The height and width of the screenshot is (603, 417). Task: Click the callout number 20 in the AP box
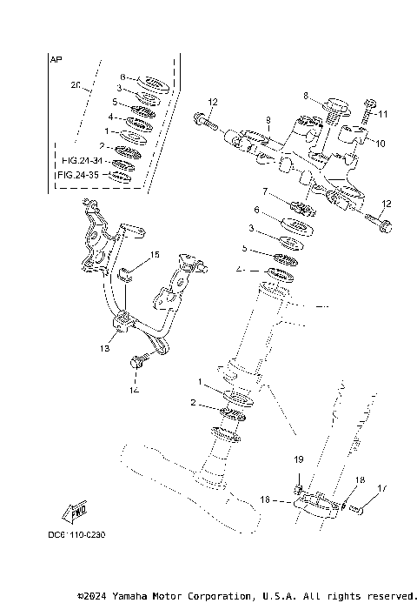click(75, 86)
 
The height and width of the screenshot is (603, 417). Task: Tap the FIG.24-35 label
click(79, 175)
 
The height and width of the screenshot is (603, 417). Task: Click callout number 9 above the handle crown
click(268, 119)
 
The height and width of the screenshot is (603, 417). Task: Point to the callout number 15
click(156, 255)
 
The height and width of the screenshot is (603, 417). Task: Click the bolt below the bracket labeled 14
click(136, 361)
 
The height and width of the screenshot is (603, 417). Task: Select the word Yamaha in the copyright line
click(137, 596)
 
